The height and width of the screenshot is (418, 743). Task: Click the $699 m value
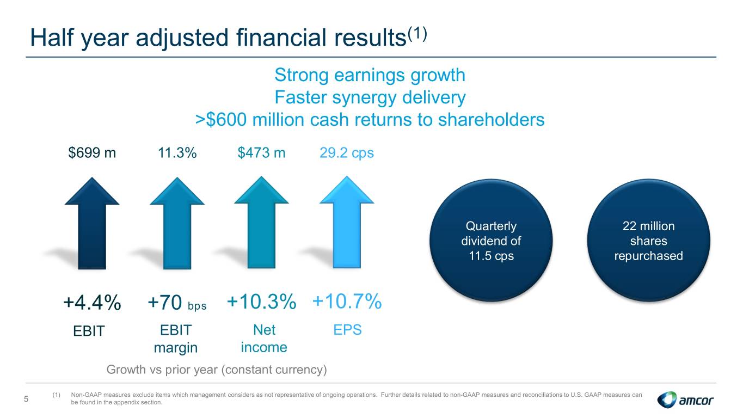[x=92, y=153]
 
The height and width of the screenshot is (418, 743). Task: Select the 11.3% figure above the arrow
[x=177, y=153]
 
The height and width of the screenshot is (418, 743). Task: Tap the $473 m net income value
[x=261, y=153]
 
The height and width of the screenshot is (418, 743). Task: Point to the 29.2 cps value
[x=347, y=153]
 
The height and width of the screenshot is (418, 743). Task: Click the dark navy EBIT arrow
[x=92, y=223]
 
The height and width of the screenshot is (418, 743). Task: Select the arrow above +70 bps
[x=177, y=223]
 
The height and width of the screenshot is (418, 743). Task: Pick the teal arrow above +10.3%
[x=261, y=222]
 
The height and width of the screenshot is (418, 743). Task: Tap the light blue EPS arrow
[x=347, y=222]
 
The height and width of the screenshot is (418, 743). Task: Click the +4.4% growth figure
[x=92, y=303]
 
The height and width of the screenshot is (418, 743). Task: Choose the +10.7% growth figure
[x=347, y=301]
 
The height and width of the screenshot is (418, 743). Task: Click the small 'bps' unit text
[x=197, y=306]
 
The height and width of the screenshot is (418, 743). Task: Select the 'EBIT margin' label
[x=176, y=339]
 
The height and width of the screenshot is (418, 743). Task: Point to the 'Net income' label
[x=264, y=339]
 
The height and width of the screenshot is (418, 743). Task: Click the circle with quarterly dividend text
[x=491, y=241]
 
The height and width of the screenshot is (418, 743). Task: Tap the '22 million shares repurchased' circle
[x=648, y=241]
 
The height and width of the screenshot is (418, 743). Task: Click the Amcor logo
[x=685, y=399]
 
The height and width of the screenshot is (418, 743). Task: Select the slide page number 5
[x=26, y=399]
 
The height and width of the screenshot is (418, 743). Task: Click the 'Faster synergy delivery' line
[x=370, y=97]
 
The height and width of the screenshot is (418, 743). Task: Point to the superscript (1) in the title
[x=417, y=34]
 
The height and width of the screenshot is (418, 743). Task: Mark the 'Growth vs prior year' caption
[x=217, y=370]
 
